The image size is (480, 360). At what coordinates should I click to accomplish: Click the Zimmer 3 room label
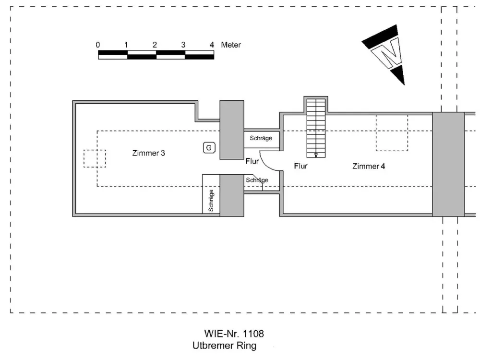(148, 153)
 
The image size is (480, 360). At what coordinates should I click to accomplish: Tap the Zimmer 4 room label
(369, 166)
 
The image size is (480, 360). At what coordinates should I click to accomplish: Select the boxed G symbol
(209, 148)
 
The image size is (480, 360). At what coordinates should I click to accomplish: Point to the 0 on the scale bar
(97, 45)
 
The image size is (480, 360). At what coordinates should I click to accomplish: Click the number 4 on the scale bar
(212, 45)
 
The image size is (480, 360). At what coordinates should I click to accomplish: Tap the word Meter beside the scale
(231, 45)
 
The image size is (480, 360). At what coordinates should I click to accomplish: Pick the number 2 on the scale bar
(155, 45)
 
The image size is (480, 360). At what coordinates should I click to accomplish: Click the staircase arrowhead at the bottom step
(316, 155)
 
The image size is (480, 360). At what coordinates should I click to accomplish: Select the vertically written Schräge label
(211, 201)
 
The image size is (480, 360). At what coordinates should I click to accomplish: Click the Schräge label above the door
(261, 138)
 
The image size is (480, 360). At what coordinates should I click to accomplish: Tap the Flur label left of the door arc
(252, 161)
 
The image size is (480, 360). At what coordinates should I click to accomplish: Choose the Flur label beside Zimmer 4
(300, 166)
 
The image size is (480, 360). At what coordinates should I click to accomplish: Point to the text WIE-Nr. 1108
(234, 334)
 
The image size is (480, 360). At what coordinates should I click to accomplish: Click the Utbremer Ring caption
(224, 346)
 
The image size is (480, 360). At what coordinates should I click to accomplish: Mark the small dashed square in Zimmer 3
(95, 158)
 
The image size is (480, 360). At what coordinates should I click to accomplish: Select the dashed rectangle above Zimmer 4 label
(392, 133)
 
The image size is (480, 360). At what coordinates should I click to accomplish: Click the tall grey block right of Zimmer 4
(448, 164)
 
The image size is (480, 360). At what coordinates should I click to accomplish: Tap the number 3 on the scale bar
(183, 45)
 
